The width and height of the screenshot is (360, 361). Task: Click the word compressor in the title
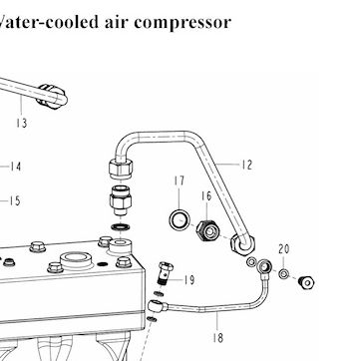[x=182, y=23]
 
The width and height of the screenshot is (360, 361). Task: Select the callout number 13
[x=21, y=124]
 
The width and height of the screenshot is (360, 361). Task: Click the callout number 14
[x=15, y=167]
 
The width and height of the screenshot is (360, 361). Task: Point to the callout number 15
[x=15, y=201]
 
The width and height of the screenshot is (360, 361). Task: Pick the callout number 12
[x=246, y=165]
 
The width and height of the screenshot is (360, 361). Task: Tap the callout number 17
[x=179, y=181]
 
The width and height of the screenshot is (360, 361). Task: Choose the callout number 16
[x=206, y=196]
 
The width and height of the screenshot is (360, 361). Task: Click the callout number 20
[x=284, y=249]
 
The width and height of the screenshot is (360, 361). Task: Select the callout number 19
[x=189, y=280]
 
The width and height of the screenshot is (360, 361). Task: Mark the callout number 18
[x=218, y=338]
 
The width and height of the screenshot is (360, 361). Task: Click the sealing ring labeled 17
[x=180, y=219]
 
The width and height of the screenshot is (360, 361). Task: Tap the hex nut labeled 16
[x=207, y=230]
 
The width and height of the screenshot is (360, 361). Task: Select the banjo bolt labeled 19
[x=166, y=273]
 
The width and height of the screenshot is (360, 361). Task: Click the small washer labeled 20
[x=283, y=274]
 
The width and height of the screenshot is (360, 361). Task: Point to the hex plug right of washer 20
[x=306, y=282]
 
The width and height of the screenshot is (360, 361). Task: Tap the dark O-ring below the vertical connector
[x=121, y=227]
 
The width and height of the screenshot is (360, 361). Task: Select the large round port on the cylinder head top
[x=76, y=259]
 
